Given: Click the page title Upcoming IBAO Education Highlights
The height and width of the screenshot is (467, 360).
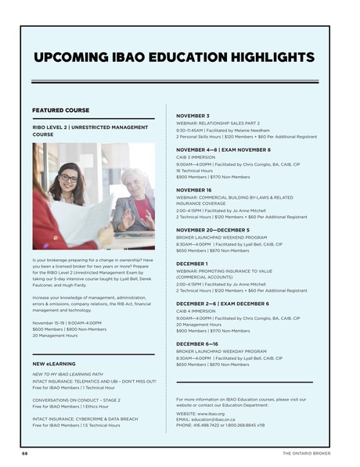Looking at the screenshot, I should pos(174,58).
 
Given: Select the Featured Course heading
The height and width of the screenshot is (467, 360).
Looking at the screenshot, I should pos(60,110).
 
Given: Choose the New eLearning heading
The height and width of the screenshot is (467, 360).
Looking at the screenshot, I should pos(54,364).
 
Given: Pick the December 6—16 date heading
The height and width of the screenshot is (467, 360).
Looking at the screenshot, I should pos(196,344).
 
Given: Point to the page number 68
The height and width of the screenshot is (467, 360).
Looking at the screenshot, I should pos(25,453).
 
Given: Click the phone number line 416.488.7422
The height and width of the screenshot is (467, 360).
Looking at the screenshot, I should pos(221,426).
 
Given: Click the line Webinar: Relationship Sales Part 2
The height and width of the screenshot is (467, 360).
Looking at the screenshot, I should pos(221,123).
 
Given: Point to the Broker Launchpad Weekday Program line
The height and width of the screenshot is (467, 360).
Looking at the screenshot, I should pos(221,351).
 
